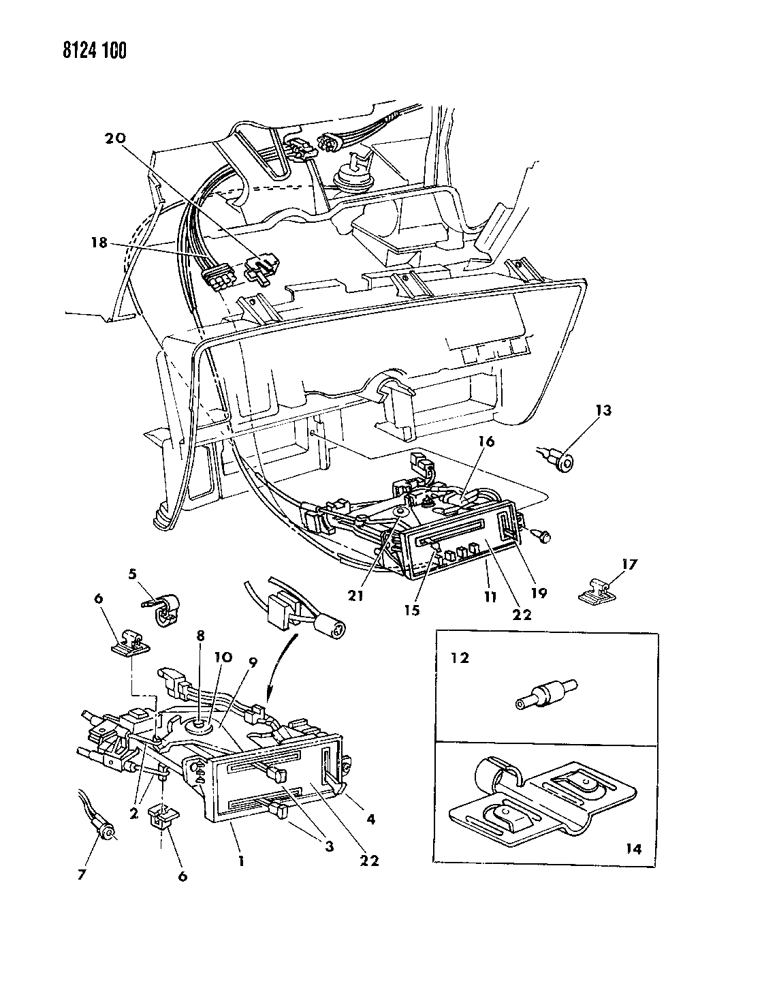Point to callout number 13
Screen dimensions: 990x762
603,410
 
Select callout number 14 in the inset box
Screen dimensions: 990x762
632,848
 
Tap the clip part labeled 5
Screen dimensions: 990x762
163,608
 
